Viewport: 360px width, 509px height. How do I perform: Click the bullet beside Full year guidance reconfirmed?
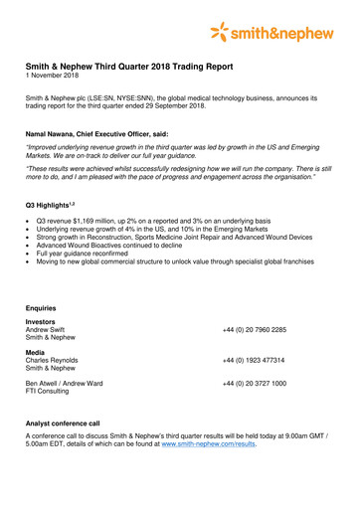click(x=30, y=254)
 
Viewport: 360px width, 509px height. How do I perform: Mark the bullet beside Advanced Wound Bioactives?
click(x=30, y=245)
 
